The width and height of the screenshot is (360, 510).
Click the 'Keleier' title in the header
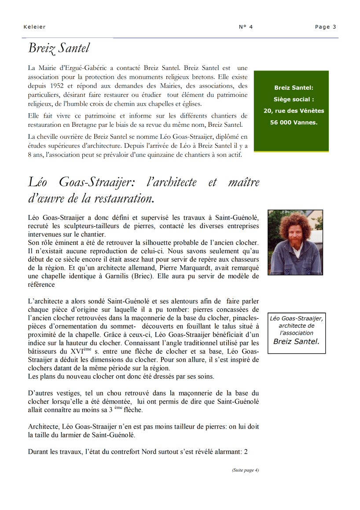pos(34,27)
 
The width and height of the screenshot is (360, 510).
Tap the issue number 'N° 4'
pos(246,27)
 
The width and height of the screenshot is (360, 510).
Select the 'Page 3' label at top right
pos(325,27)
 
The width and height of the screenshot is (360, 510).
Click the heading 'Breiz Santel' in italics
pos(59,48)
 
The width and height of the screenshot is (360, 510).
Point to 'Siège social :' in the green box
pos(294,100)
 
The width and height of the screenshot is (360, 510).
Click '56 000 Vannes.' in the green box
pos(294,122)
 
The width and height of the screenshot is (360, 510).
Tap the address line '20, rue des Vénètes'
pos(294,111)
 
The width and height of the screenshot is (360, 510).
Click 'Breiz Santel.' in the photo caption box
pos(296,341)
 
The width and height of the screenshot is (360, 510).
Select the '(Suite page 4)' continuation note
pos(245,470)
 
